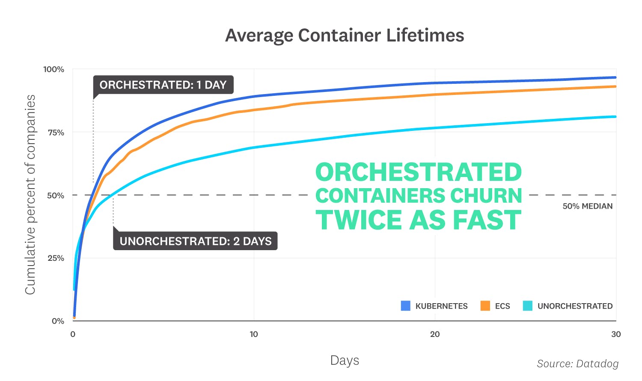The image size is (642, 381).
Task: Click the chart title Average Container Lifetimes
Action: (345, 35)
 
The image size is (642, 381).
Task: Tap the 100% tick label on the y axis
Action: (53, 69)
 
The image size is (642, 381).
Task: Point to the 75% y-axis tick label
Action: (56, 133)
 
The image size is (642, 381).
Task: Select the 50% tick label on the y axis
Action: (55, 195)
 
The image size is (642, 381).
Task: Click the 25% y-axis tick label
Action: (55, 258)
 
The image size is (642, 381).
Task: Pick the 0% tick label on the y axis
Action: (58, 321)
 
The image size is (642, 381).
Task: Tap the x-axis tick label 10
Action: (254, 334)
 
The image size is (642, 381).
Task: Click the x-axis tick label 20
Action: (435, 334)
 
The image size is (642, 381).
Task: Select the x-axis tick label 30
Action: (615, 334)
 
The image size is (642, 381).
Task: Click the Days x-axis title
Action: (345, 360)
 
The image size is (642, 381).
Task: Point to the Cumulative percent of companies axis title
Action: (30, 195)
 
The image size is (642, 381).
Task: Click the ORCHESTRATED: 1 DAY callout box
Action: (163, 85)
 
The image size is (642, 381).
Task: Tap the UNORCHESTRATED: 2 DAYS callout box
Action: (195, 241)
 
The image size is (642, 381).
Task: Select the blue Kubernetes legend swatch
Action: (405, 306)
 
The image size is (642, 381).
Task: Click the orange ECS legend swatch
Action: (485, 306)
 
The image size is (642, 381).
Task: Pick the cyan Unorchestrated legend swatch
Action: (527, 306)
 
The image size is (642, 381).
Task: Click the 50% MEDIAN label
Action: (587, 206)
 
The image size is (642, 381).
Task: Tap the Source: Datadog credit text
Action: (577, 363)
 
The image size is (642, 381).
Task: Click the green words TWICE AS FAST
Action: (418, 220)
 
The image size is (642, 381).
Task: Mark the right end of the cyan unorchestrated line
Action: (615, 117)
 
